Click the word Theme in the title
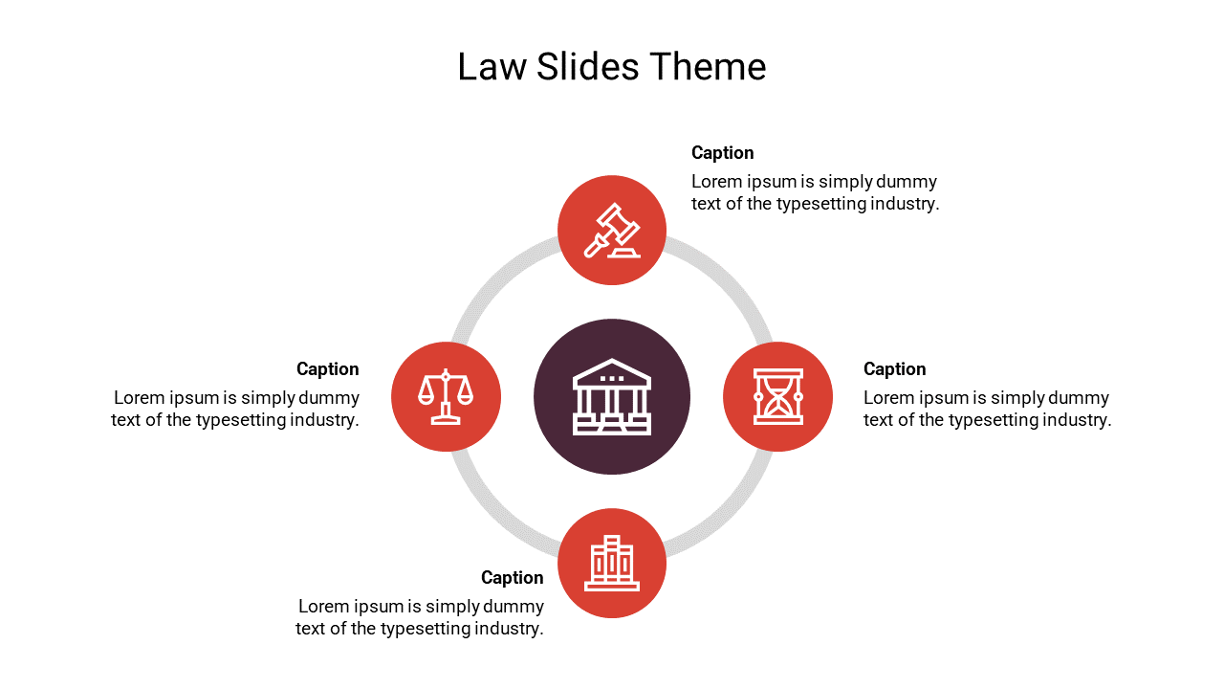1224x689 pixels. point(708,67)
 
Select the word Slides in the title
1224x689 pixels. point(588,67)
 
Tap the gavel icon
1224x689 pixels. point(612,231)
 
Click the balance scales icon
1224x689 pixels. point(446,396)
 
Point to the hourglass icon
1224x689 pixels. point(777,396)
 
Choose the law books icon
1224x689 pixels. point(612,563)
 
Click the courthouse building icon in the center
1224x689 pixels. point(612,396)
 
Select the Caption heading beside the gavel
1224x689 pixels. point(722,153)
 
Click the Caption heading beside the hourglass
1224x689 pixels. point(894,369)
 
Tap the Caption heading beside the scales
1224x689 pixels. point(328,369)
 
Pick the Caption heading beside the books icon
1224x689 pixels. point(513,578)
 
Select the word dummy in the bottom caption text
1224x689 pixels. point(514,607)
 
